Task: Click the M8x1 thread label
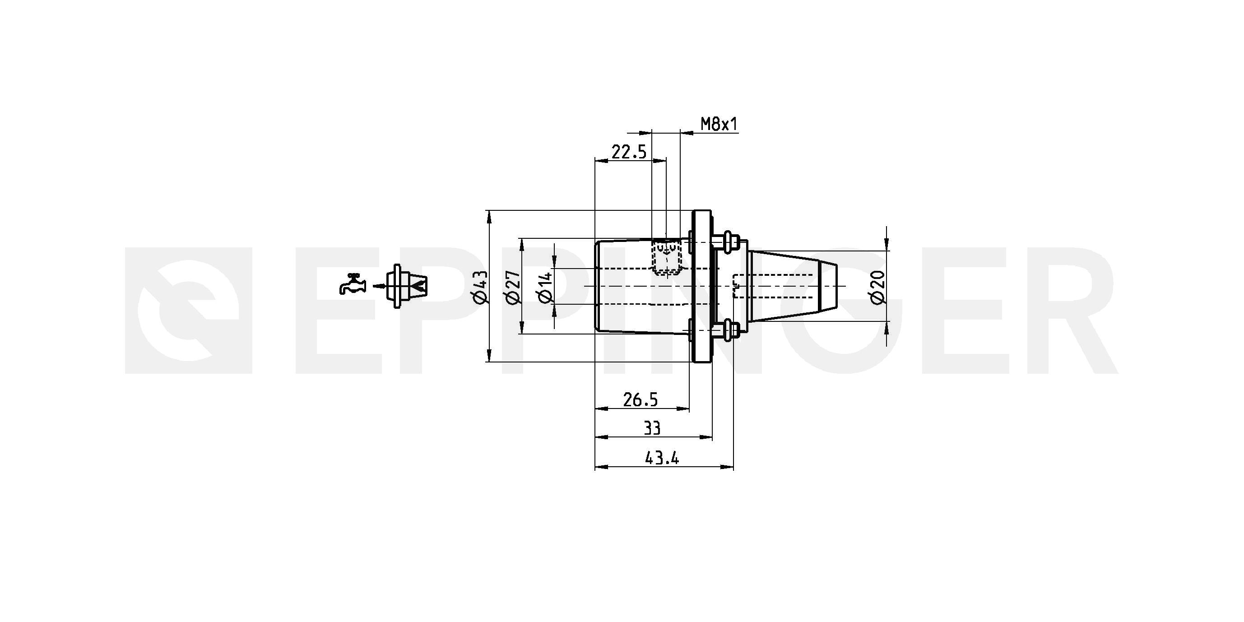point(719,125)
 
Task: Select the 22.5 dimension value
point(629,152)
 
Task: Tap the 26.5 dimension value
point(641,399)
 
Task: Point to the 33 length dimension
point(652,428)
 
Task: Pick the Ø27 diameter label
point(513,288)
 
